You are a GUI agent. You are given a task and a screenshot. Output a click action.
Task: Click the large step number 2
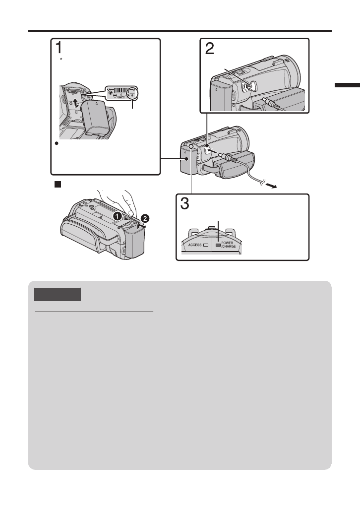point(210,50)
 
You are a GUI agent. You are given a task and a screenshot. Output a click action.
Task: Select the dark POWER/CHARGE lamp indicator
point(218,245)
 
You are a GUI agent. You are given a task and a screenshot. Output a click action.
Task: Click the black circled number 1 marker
point(116,216)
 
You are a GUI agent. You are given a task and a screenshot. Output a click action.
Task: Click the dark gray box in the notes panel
point(58,294)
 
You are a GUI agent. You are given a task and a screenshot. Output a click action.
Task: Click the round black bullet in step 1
point(58,143)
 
